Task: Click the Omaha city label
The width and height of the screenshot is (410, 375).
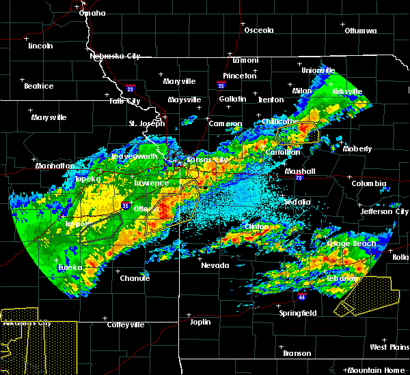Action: coord(92,13)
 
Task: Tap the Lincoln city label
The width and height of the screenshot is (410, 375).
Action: coord(41,46)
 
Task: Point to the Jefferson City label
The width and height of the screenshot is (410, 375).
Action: coord(384,211)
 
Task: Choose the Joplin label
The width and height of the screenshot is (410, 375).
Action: coord(200,320)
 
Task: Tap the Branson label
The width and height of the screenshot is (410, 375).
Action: coord(297,353)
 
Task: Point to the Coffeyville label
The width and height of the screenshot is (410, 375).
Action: coord(126,325)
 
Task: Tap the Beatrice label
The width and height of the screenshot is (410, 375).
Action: coord(38,86)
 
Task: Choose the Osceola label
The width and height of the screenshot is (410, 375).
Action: coord(259,30)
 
